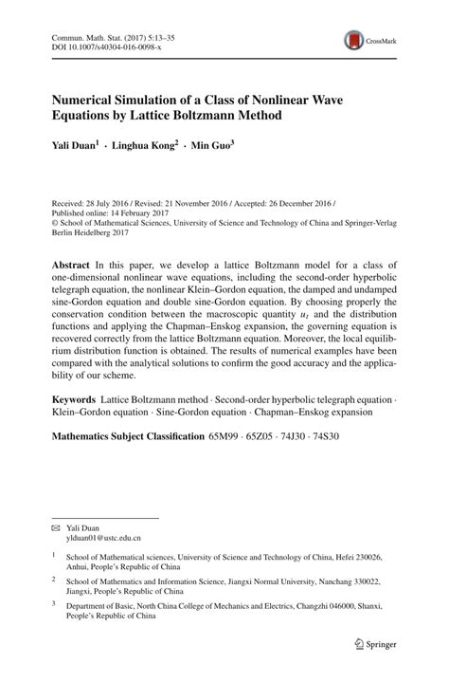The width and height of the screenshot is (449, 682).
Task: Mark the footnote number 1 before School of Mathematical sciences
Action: coord(54,558)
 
